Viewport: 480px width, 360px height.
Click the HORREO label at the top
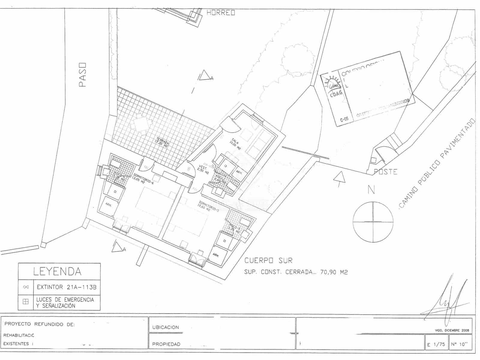pyautogui.click(x=221, y=13)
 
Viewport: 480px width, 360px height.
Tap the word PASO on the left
pyautogui.click(x=82, y=75)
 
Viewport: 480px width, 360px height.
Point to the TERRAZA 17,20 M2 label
pyautogui.click(x=162, y=144)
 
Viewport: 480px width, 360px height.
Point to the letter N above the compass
pyautogui.click(x=371, y=190)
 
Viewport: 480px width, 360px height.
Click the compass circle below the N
pyautogui.click(x=373, y=222)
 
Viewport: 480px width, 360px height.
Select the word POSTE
pyautogui.click(x=385, y=172)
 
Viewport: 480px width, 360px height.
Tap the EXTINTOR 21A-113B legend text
pyautogui.click(x=67, y=287)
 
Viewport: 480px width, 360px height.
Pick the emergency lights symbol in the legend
pyautogui.click(x=26, y=302)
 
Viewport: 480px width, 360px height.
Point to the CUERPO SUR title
pyautogui.click(x=268, y=260)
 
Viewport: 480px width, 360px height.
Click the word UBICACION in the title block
pyautogui.click(x=166, y=327)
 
